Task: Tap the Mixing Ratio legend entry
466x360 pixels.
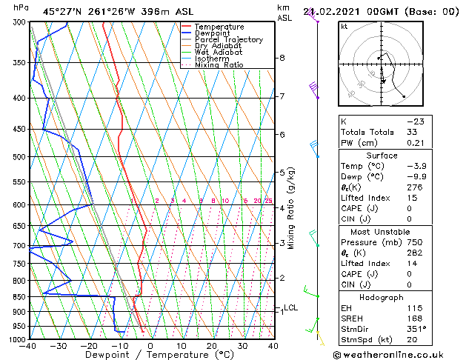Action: click(219, 65)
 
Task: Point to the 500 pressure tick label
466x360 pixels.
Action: click(19, 157)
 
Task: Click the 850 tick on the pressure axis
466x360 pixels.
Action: click(19, 297)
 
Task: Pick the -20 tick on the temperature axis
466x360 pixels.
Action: click(89, 346)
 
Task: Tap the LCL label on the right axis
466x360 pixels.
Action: click(290, 308)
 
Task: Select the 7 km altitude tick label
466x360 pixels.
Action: click(282, 96)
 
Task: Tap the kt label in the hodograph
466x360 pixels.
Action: click(344, 26)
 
